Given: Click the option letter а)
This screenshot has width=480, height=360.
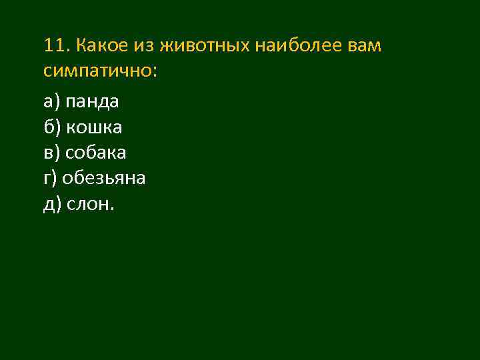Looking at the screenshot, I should click(x=51, y=101).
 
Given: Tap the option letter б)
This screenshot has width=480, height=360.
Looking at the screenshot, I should click(x=51, y=127).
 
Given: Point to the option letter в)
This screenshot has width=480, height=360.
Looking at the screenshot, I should click(x=51, y=153).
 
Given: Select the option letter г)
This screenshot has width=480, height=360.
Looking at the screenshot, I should click(x=50, y=178).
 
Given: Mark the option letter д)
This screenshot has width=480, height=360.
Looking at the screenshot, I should click(x=52, y=204).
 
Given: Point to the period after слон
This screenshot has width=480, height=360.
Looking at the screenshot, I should click(x=113, y=208).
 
